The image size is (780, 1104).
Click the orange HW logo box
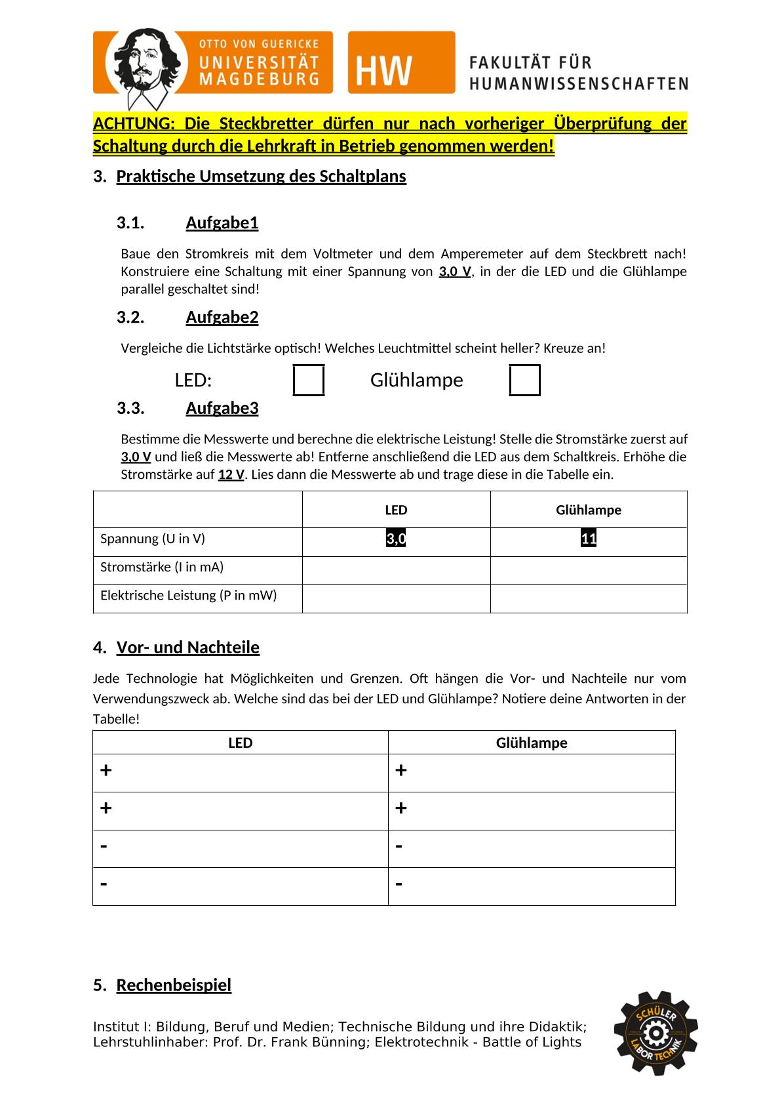pos(401,62)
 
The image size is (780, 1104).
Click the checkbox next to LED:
pos(309,380)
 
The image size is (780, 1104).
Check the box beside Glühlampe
pos(525,380)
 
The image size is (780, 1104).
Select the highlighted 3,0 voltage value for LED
pos(396,539)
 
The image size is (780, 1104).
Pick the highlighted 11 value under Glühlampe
pos(589,539)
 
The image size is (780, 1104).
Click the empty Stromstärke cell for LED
pos(396,570)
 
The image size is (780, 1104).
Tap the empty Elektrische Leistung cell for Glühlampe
pos(589,598)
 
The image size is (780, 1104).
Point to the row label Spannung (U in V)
pos(153,539)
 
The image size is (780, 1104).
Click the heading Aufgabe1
pos(222,223)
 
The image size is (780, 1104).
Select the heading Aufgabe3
pos(222,408)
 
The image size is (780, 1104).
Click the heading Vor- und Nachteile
pos(187,647)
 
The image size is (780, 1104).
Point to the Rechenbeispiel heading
pos(174,985)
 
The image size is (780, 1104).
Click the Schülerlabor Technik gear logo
pos(655,1032)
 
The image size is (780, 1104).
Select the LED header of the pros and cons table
pos(240,743)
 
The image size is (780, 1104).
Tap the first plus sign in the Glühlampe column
pos(401,770)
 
